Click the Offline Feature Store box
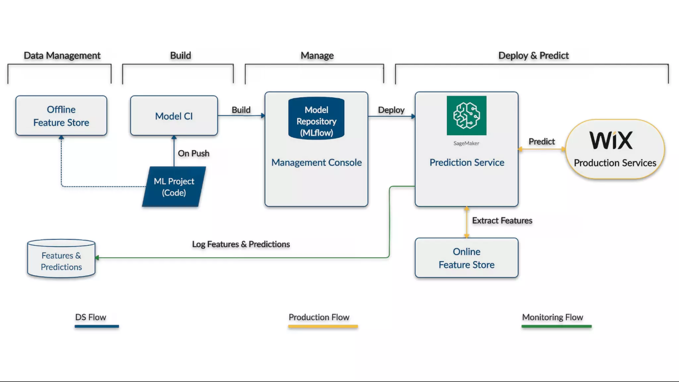point(61,116)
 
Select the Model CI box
point(174,116)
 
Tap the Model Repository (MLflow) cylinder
point(316,119)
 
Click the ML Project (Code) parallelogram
point(174,187)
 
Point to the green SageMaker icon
point(466,115)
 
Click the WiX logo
point(611,141)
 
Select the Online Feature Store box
point(466,258)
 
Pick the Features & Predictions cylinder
point(61,259)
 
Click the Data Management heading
point(62,55)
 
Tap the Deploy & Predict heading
point(534,55)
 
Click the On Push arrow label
point(194,153)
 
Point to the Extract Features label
point(502,220)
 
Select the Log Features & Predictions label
point(241,244)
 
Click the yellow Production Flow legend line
point(323,327)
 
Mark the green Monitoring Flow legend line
point(556,327)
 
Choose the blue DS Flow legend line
point(97,327)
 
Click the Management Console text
point(316,163)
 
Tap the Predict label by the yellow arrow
point(542,142)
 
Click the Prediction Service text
point(466,163)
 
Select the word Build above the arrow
point(241,110)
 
